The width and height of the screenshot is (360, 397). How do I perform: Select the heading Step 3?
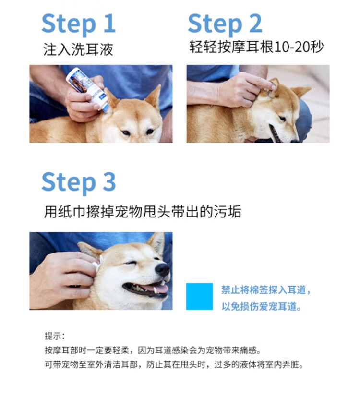(x=79, y=182)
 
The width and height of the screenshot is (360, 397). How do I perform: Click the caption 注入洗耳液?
(x=78, y=49)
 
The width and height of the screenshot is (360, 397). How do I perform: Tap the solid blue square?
(x=199, y=297)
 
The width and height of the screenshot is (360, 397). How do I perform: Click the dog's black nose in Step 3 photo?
(x=162, y=269)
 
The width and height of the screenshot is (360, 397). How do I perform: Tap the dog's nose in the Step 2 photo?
(x=295, y=139)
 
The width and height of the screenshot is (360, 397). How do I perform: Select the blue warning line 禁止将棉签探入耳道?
(x=266, y=290)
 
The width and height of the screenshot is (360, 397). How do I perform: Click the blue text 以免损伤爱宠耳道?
(x=262, y=306)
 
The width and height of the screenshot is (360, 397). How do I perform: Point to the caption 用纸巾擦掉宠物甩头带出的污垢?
(x=143, y=211)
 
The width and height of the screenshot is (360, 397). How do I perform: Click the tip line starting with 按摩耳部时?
(x=153, y=350)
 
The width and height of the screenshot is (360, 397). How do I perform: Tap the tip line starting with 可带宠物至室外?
(x=174, y=365)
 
